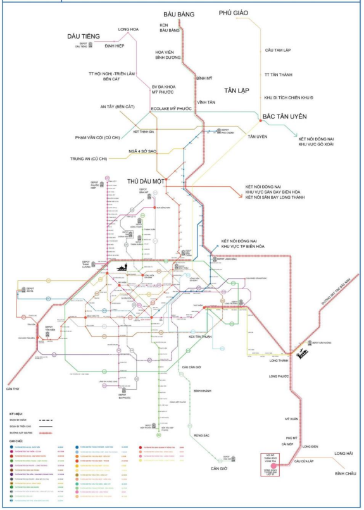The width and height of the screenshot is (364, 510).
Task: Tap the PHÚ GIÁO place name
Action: (233, 13)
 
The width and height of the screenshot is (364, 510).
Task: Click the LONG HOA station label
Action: (128, 29)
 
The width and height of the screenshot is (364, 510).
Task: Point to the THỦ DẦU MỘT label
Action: (146, 180)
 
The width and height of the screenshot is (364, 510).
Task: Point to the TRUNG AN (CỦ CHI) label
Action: (89, 158)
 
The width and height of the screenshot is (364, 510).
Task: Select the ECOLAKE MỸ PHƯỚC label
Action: (171, 109)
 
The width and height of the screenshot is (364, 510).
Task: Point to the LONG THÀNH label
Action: (279, 360)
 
